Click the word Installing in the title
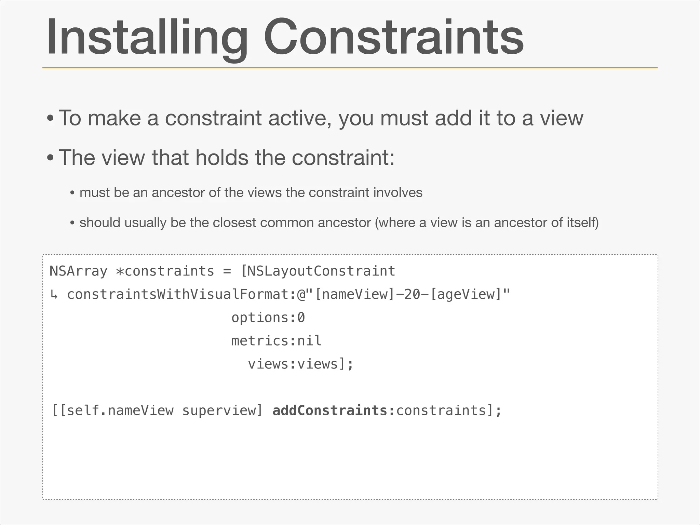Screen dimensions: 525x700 (x=147, y=38)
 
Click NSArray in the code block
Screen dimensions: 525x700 (x=79, y=271)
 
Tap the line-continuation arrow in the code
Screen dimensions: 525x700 (x=54, y=295)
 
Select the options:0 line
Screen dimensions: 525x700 (x=268, y=318)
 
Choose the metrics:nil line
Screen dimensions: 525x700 (x=276, y=341)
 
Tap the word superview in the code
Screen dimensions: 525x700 (x=218, y=410)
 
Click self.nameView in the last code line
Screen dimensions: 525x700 (x=120, y=410)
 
